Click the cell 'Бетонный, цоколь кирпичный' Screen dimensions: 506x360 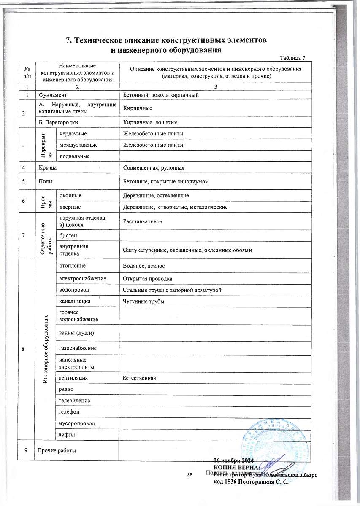pyautogui.click(x=160, y=95)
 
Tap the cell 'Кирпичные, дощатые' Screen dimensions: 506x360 pyautogui.click(x=150, y=122)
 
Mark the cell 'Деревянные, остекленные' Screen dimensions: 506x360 pyautogui.click(x=155, y=196)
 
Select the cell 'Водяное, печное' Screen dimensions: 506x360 pyautogui.click(x=143, y=266)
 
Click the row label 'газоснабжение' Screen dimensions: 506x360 pyautogui.click(x=78, y=348)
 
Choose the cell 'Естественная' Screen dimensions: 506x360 pyautogui.click(x=139, y=378)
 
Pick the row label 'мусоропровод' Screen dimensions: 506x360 pyautogui.click(x=77, y=423)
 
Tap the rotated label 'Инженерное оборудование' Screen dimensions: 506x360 pyautogui.click(x=45, y=348)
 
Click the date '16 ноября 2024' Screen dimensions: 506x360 pyautogui.click(x=233, y=460)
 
